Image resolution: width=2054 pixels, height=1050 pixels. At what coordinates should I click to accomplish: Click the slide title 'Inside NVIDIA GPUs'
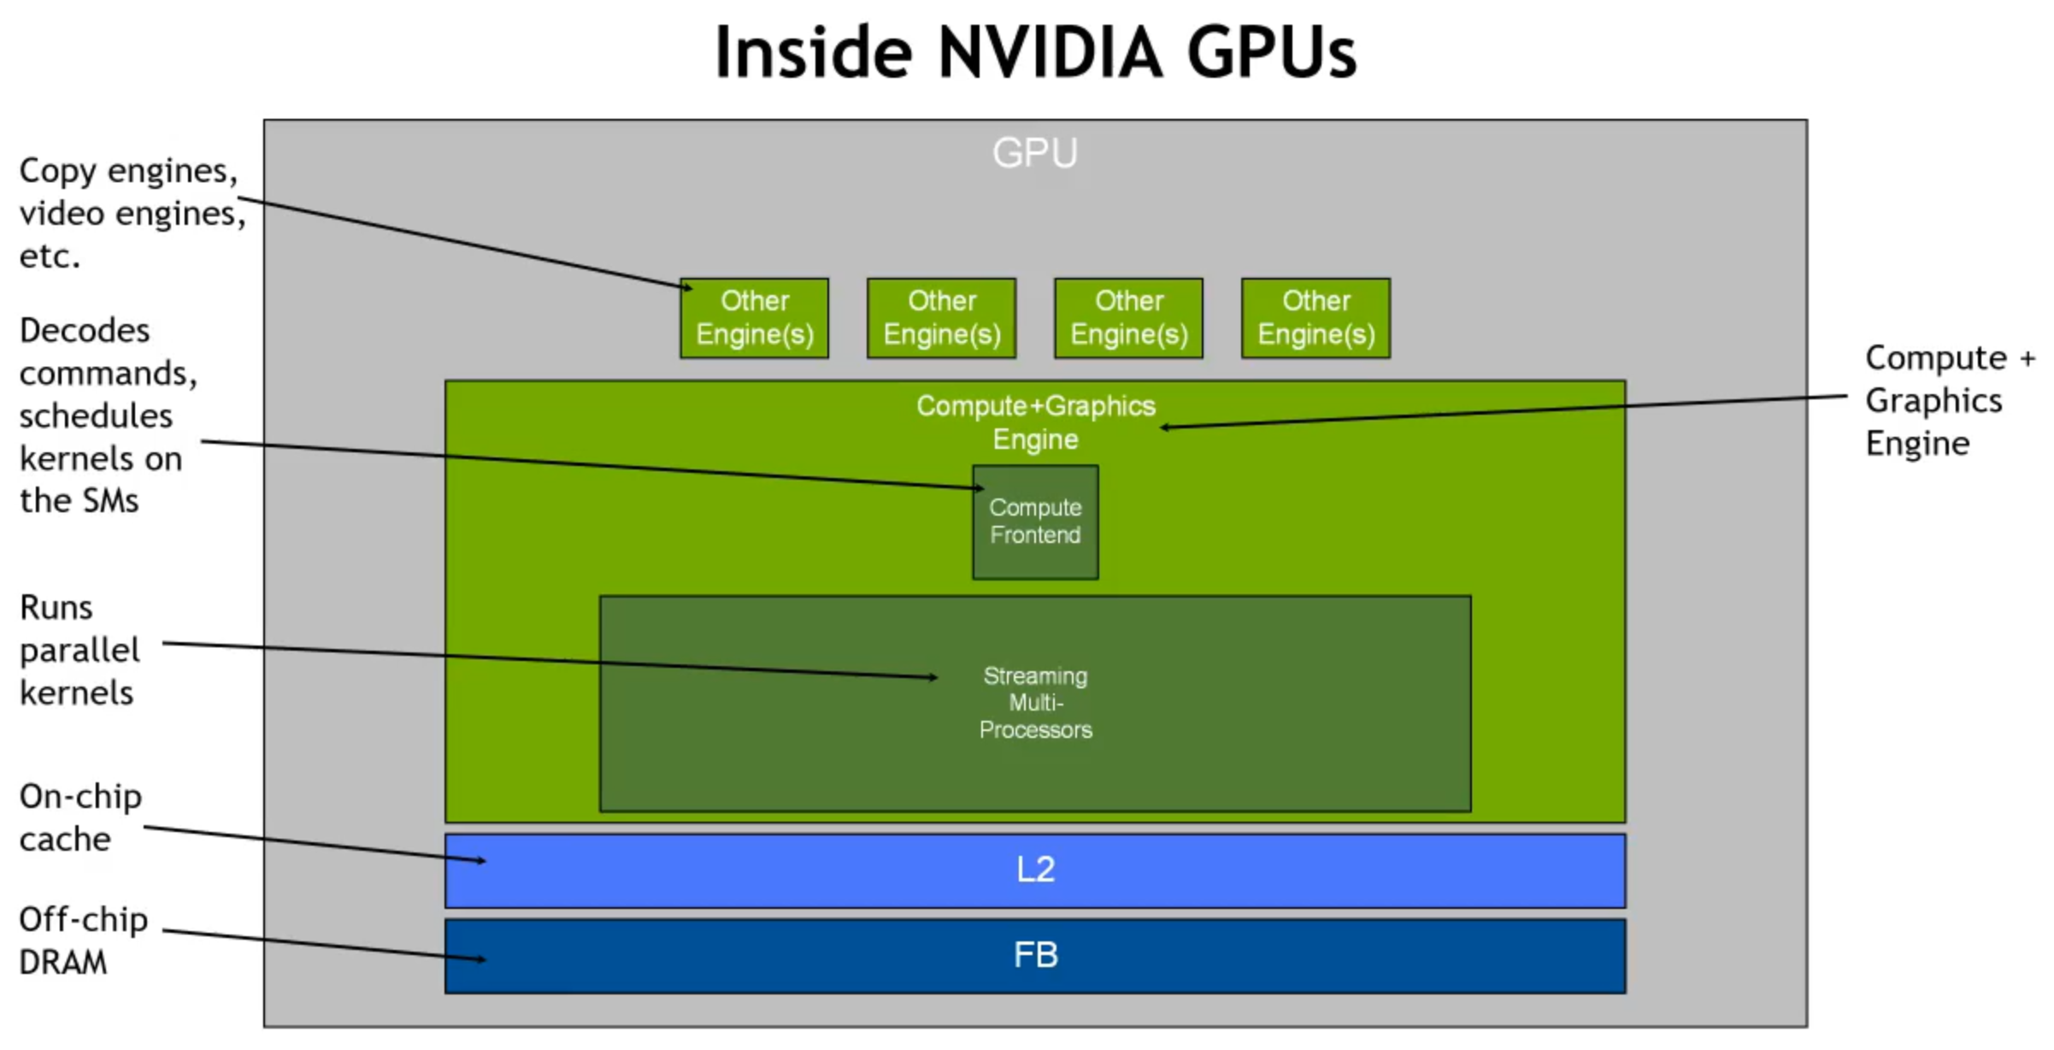[1035, 53]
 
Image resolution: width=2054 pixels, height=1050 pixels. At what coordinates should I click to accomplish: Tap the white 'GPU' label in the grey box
[1034, 153]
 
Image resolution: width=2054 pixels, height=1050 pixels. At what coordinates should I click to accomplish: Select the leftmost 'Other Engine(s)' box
[754, 317]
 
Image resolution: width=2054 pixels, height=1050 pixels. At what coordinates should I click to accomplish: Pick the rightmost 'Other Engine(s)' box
[1315, 317]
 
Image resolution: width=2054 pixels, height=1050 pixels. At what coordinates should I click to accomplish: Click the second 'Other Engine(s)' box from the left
[941, 317]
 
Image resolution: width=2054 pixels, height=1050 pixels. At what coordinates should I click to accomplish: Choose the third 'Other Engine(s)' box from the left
[1128, 317]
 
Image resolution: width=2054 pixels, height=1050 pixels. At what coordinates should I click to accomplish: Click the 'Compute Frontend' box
[1035, 522]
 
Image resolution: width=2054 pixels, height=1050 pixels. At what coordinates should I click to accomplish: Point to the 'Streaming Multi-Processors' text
[1035, 703]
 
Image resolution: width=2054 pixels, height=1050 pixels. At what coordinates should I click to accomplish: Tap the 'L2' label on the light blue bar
[1035, 870]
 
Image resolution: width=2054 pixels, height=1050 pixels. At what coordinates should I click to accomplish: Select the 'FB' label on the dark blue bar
[1035, 955]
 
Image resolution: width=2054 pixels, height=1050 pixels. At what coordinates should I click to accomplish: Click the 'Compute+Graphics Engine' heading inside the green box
[1035, 422]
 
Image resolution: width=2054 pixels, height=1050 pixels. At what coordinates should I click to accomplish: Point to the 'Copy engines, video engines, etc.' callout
[128, 213]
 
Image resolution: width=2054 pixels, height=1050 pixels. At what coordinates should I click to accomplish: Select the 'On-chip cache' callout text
[79, 817]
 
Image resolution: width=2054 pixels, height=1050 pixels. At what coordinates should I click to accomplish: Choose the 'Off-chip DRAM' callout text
[82, 941]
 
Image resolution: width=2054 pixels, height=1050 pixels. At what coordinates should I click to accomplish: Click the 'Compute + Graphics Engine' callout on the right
[1945, 400]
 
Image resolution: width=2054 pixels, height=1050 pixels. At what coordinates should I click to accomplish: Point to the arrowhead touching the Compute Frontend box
[980, 488]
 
